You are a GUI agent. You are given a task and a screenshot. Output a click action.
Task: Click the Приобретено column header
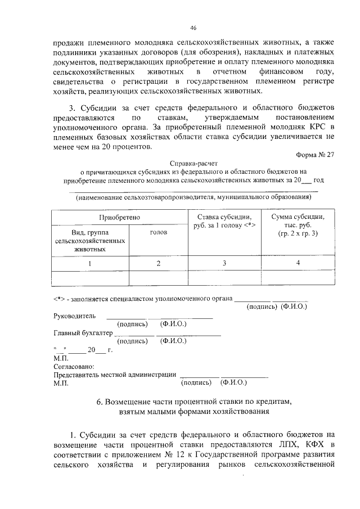click(x=119, y=217)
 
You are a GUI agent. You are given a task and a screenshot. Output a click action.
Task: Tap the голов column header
click(x=158, y=232)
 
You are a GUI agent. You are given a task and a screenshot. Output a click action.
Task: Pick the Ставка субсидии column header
click(x=223, y=221)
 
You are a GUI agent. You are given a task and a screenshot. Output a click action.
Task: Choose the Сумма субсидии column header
click(x=297, y=225)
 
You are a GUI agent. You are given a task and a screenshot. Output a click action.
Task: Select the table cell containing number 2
click(x=158, y=263)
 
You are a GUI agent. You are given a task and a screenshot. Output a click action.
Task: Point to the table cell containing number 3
click(x=223, y=263)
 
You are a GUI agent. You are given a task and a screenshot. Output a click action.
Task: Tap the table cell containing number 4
click(x=298, y=263)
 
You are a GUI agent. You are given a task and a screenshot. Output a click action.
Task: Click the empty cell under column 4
click(x=298, y=278)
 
